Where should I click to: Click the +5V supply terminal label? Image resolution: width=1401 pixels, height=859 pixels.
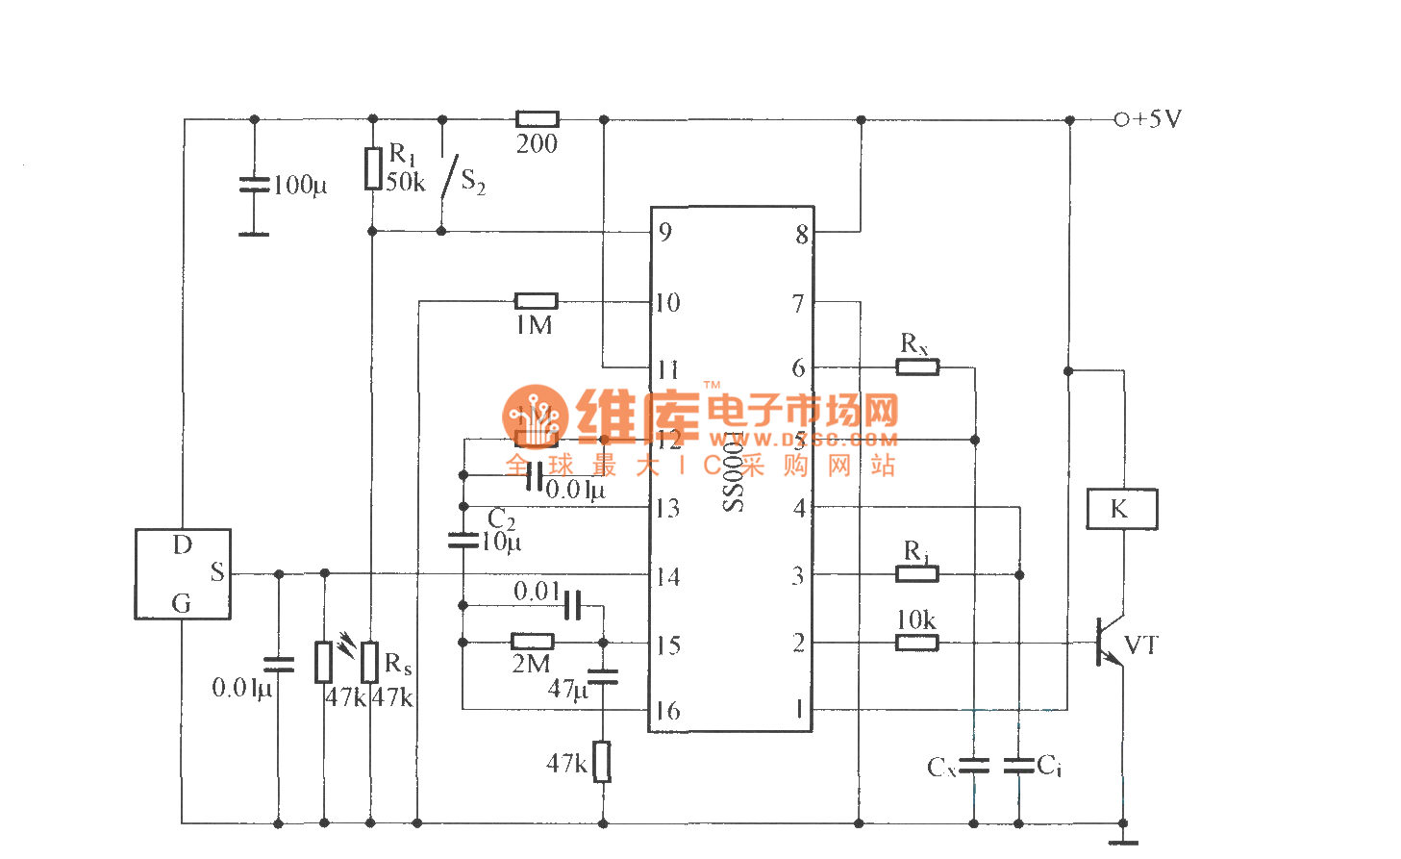1157,119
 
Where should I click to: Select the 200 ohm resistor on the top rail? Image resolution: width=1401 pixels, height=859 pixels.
537,119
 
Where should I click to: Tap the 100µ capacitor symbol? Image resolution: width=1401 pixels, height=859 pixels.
254,184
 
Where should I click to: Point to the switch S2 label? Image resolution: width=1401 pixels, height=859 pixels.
473,181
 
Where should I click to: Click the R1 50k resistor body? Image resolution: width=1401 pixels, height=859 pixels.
373,168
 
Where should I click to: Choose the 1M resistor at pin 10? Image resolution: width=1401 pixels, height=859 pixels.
536,301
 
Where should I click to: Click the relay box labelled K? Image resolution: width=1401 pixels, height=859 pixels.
1121,509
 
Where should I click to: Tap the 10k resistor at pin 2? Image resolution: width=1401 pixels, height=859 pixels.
916,643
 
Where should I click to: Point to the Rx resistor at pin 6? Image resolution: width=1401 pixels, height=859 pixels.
917,366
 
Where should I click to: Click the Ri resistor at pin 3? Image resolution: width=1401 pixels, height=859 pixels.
916,574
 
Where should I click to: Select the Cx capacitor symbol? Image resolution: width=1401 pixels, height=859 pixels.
974,766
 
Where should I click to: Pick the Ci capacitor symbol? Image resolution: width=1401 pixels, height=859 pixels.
1018,766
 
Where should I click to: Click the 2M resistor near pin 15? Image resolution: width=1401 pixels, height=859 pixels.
532,642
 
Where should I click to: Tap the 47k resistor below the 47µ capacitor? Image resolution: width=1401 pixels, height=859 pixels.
602,762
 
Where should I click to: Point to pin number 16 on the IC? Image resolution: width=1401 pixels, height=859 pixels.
667,711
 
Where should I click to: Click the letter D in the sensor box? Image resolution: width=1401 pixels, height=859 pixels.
182,545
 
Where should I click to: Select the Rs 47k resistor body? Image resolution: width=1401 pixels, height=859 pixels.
369,662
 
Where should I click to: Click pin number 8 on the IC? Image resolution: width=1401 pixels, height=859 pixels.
801,235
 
